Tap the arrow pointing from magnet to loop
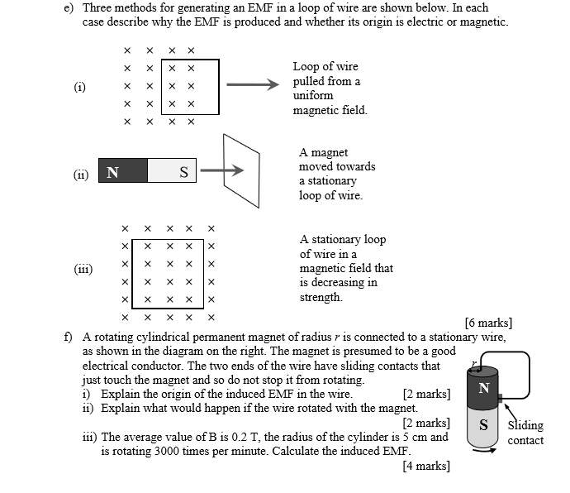(x=222, y=171)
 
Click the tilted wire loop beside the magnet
(x=249, y=171)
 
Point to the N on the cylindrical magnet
(x=484, y=388)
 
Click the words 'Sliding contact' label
(x=525, y=433)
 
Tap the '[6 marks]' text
(x=488, y=323)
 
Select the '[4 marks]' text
(x=426, y=466)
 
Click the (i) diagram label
(x=80, y=86)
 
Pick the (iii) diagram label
(x=83, y=269)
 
